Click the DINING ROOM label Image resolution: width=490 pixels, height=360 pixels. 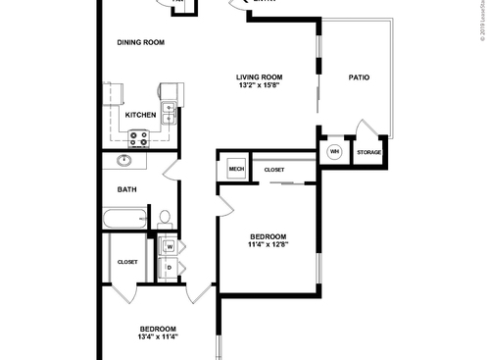[140, 42]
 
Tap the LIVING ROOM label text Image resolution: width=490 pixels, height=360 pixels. [259, 77]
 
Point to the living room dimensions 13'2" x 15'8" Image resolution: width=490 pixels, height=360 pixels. [259, 86]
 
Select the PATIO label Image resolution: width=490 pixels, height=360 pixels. [359, 77]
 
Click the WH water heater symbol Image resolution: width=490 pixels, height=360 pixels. [334, 152]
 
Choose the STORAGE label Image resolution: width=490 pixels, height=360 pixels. [368, 152]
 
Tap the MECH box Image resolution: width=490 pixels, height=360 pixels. [236, 169]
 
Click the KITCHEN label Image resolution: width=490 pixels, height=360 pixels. [140, 115]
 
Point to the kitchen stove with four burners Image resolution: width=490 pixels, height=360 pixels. [138, 138]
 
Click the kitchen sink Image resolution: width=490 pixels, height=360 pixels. [169, 114]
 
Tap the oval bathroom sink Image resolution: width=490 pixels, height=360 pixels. [125, 160]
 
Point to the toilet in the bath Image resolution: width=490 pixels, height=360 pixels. [165, 218]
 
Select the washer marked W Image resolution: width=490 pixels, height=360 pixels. [169, 246]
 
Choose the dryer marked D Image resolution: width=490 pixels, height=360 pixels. [169, 268]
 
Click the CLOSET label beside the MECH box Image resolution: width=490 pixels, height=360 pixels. [274, 170]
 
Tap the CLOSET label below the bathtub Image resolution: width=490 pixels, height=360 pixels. [127, 262]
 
